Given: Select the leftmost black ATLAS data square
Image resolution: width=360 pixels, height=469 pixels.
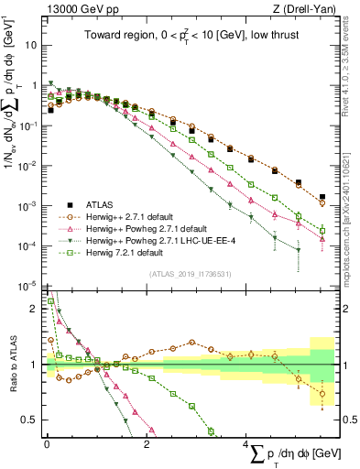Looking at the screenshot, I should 50,110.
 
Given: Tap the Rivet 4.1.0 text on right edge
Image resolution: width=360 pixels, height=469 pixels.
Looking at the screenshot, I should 352,64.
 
